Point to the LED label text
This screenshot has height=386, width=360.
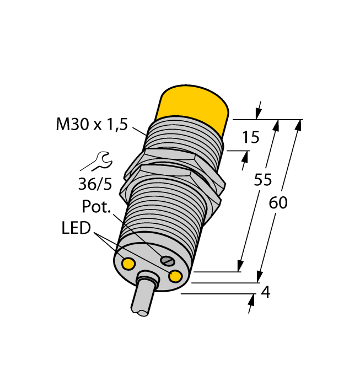[x=76, y=228]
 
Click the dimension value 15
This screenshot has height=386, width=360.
[x=251, y=137]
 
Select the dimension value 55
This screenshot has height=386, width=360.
[x=264, y=180]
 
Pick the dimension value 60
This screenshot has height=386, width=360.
[x=278, y=203]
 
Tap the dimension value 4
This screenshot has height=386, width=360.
[x=265, y=292]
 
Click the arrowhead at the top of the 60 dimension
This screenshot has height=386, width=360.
[x=298, y=125]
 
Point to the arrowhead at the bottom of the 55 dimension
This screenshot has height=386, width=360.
[x=241, y=266]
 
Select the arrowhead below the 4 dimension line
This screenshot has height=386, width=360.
[x=252, y=301]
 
